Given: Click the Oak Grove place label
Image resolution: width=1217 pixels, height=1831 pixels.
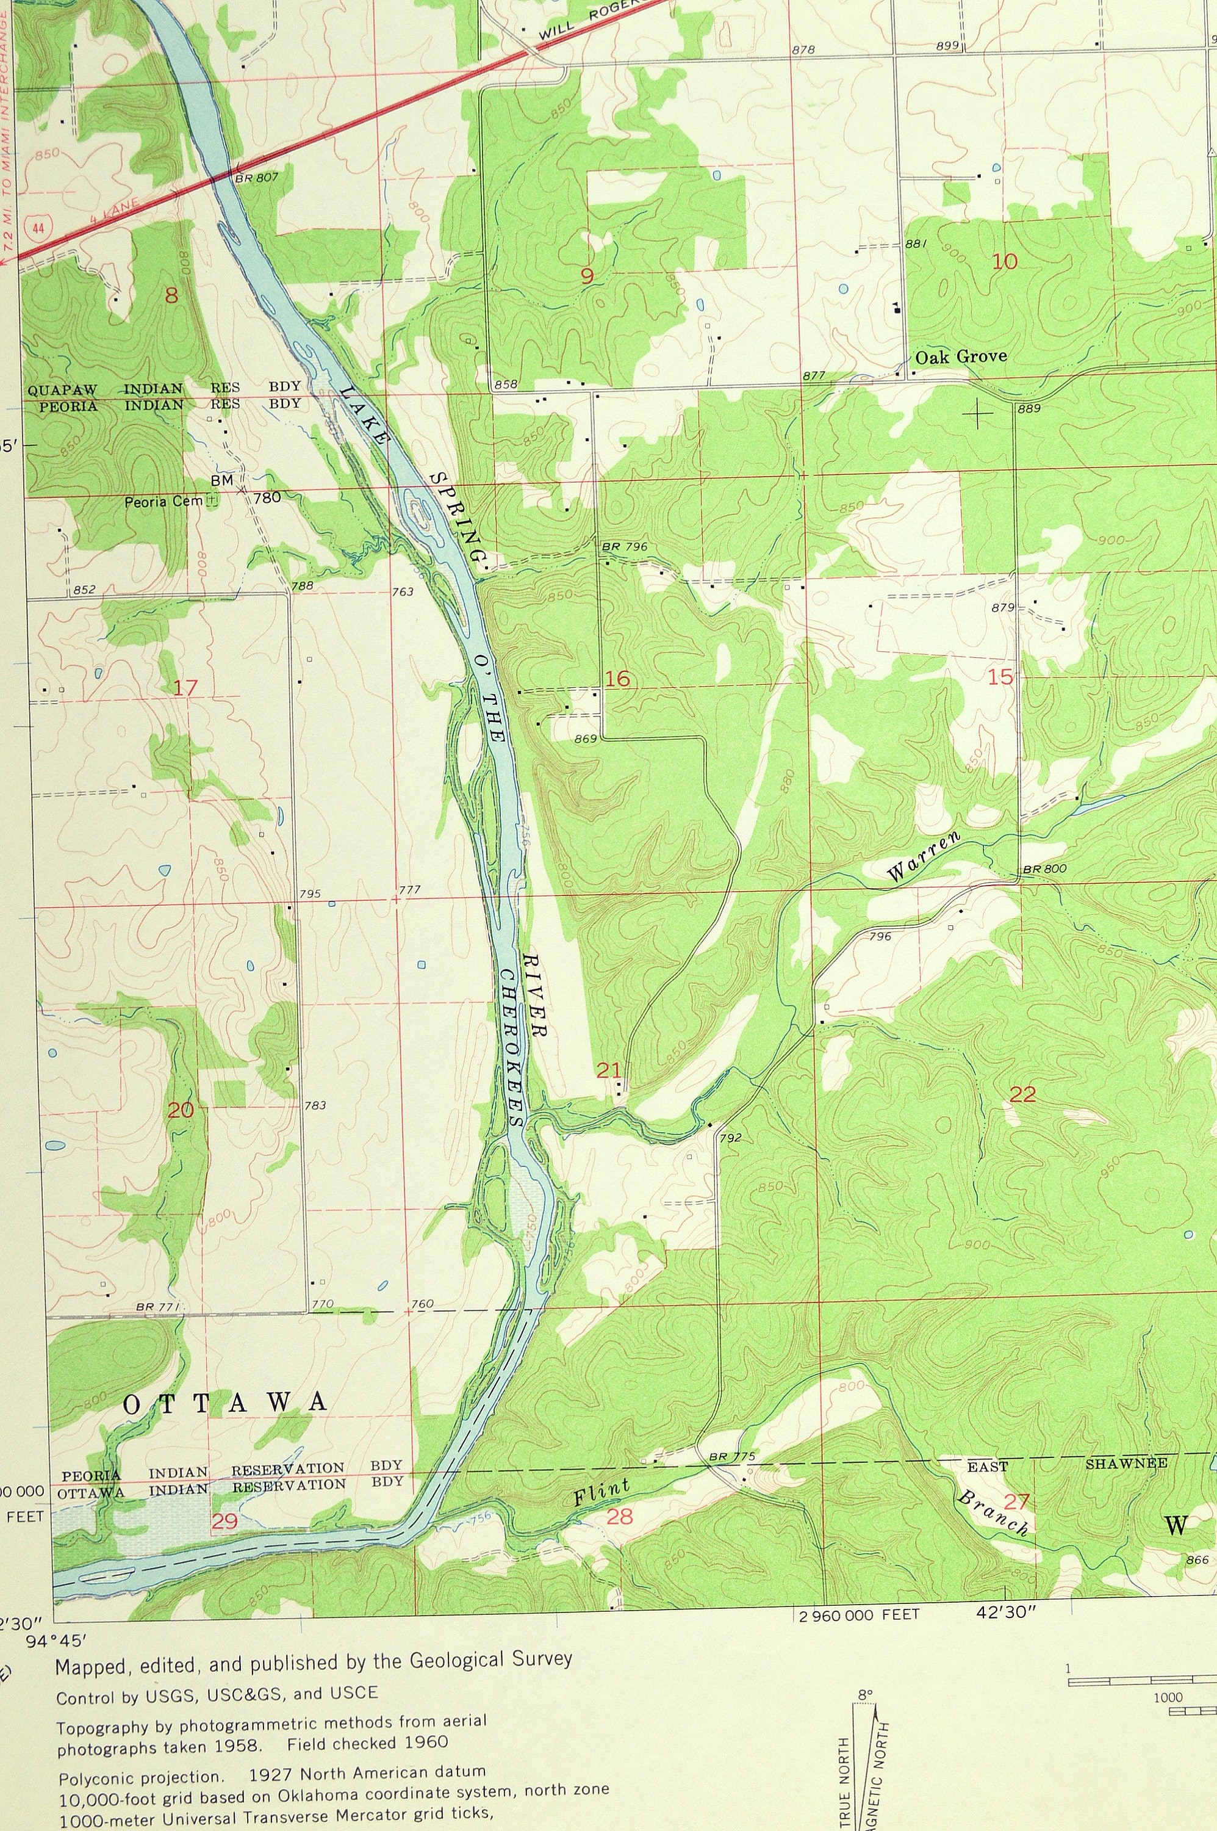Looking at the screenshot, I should [x=960, y=357].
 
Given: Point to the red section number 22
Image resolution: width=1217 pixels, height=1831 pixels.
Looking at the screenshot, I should [x=1022, y=1095].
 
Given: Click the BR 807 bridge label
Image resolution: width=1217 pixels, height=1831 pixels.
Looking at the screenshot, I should [x=256, y=177].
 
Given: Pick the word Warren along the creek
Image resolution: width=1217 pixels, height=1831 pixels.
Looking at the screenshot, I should [x=924, y=856].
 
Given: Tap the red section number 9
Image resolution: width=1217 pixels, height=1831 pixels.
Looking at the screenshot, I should [x=587, y=274].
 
